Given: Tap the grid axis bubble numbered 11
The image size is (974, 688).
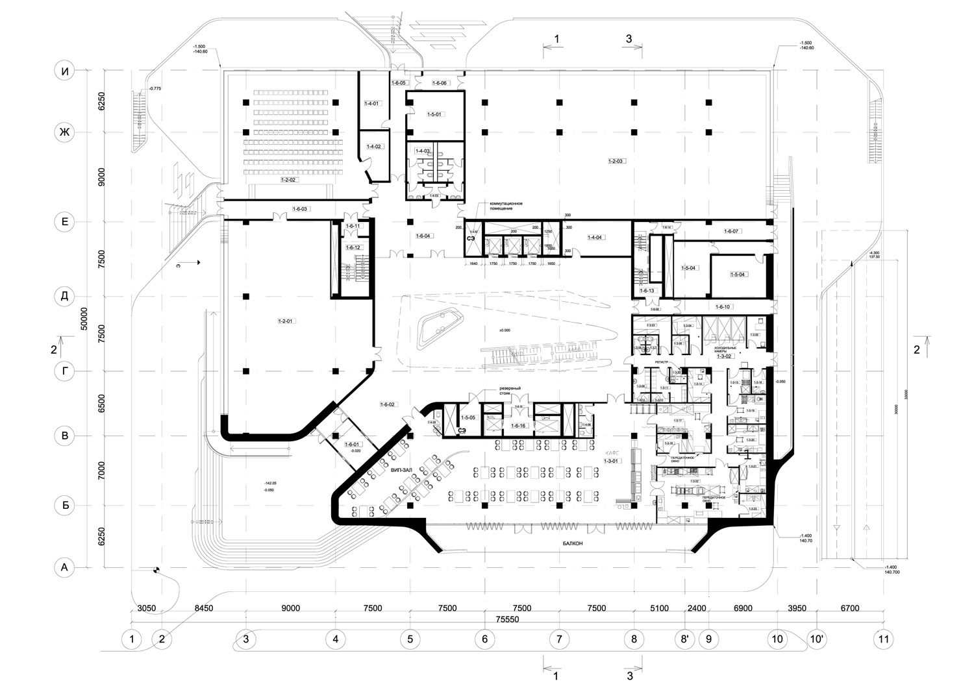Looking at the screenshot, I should (882, 639).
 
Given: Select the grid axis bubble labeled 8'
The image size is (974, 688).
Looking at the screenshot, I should (684, 639).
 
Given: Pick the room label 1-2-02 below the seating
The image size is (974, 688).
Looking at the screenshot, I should (288, 179).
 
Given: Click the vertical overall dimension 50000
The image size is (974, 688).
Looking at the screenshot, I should (82, 319).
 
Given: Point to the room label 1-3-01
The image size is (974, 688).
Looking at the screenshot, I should (611, 461).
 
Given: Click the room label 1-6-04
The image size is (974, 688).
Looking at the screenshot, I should (423, 236).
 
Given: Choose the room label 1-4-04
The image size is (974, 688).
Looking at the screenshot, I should (595, 238).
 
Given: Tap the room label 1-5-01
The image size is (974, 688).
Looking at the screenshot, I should (434, 115).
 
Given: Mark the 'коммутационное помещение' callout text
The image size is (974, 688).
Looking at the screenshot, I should (501, 205).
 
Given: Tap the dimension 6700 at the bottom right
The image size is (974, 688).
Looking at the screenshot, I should (849, 608).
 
